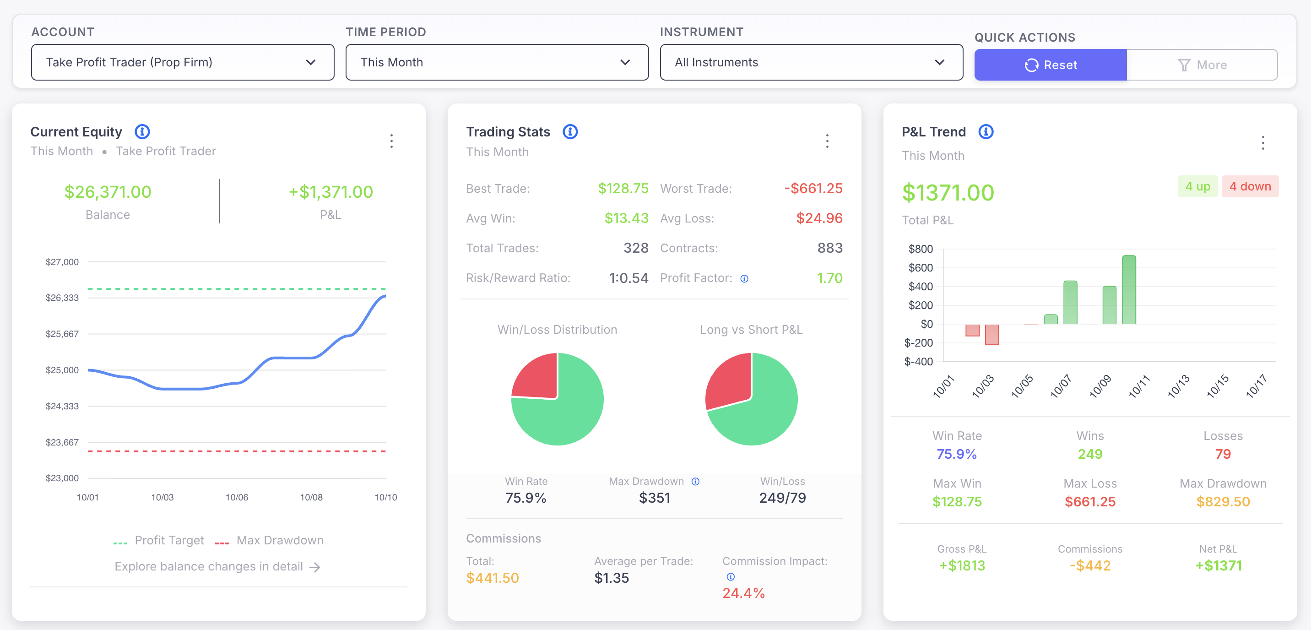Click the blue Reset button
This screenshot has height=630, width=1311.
point(1050,65)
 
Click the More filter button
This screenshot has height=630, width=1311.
point(1202,65)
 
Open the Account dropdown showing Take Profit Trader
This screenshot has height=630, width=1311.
point(182,62)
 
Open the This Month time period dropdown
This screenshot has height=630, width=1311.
point(496,62)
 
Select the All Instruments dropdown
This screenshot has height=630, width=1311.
point(811,62)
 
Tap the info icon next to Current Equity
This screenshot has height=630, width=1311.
point(142,132)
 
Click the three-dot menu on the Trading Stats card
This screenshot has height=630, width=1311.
point(827,141)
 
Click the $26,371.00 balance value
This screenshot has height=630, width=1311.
point(108,192)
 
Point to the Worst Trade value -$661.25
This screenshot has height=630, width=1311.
point(813,188)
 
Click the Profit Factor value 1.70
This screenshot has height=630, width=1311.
point(829,278)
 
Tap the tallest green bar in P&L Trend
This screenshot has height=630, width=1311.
point(1128,290)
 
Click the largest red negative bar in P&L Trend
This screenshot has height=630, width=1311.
point(991,334)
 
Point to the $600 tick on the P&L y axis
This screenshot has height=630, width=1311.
point(920,268)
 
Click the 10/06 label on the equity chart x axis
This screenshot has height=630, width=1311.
point(237,497)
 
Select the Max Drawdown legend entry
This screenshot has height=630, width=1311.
point(279,540)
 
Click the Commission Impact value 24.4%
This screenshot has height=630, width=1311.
point(743,593)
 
